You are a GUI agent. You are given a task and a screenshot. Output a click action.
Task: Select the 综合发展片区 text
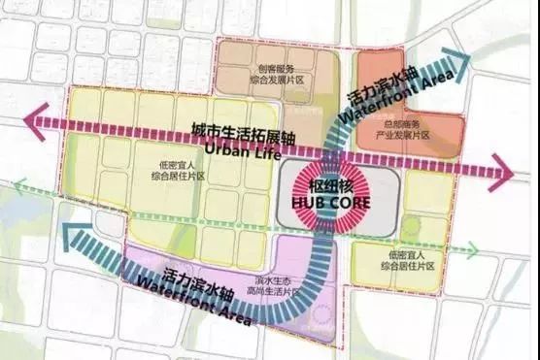point(277,80)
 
